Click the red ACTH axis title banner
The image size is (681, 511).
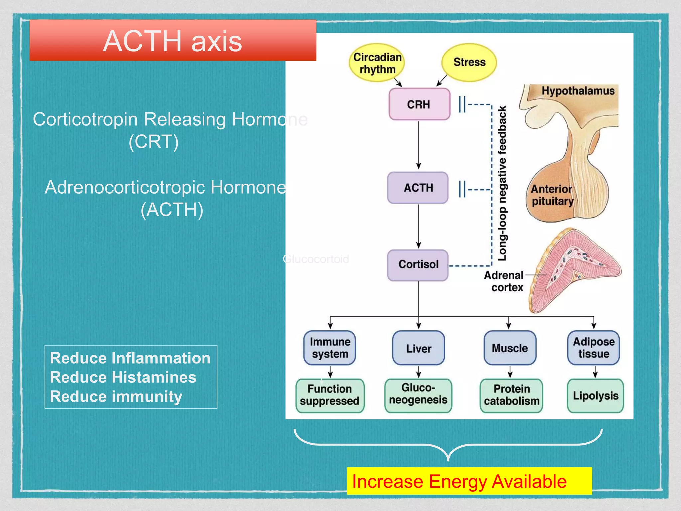click(x=173, y=41)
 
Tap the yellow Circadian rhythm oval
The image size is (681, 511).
click(x=377, y=63)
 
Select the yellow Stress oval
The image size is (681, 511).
click(x=469, y=62)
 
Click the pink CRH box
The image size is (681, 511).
click(x=419, y=104)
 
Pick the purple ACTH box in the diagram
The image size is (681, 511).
click(x=418, y=188)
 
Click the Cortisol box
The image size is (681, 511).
click(x=418, y=264)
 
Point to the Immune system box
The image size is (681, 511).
click(x=330, y=348)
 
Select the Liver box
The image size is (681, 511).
click(x=418, y=348)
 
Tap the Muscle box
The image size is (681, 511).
click(x=510, y=348)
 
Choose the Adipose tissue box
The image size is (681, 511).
click(x=594, y=348)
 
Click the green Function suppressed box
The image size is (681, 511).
click(x=330, y=395)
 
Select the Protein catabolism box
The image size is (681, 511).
click(x=511, y=395)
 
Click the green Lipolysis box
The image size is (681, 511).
click(x=595, y=395)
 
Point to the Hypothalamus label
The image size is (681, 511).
click(x=578, y=91)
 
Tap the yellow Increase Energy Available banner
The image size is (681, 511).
click(x=469, y=481)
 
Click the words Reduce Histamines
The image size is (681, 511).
click(x=123, y=377)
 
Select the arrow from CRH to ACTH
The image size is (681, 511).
click(x=419, y=145)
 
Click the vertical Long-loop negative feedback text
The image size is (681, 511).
click(x=502, y=183)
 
